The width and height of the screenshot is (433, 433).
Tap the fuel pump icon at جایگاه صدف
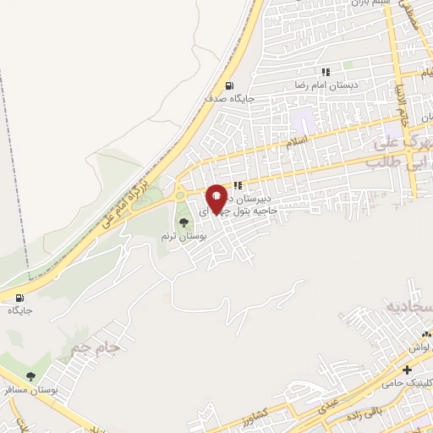[229, 85]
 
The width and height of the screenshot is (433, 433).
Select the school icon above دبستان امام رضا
[325, 72]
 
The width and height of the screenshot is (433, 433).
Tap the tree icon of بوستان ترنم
[184, 222]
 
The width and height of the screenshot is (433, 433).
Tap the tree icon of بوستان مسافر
[31, 376]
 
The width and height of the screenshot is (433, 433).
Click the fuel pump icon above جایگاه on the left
[19, 298]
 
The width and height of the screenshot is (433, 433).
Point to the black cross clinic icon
[408, 370]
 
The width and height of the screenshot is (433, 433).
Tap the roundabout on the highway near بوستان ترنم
[179, 195]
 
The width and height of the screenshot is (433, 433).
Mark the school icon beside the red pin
[238, 185]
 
